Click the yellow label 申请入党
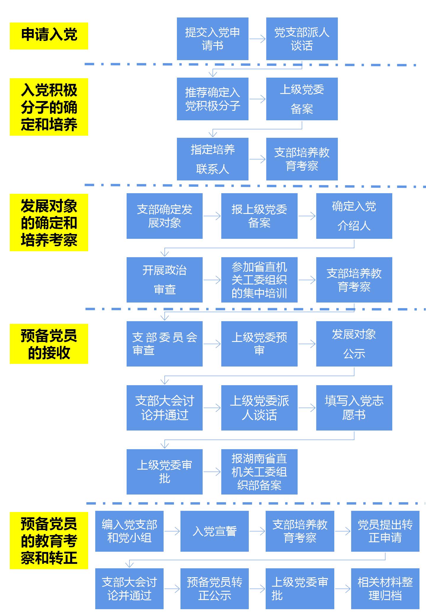click(49, 36)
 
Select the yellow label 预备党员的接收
click(49, 344)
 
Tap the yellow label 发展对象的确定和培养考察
click(49, 223)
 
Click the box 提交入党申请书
click(212, 39)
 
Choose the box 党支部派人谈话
click(302, 39)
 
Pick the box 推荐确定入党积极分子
click(212, 99)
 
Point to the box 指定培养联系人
click(212, 159)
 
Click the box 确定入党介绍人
click(354, 216)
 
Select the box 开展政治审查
click(164, 280)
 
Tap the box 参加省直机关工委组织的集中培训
click(259, 280)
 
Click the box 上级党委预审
click(259, 344)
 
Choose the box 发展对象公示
click(354, 344)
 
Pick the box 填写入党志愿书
click(354, 408)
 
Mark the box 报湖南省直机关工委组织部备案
click(259, 472)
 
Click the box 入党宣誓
click(214, 531)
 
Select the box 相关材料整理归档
click(385, 589)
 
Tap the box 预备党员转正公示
click(214, 589)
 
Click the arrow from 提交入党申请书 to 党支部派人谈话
click(257, 39)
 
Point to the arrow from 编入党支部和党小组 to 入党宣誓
click(172, 531)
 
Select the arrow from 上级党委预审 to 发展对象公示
click(307, 344)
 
